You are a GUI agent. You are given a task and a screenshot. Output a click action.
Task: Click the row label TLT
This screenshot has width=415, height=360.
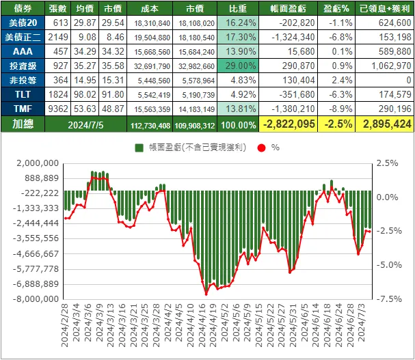click(23, 95)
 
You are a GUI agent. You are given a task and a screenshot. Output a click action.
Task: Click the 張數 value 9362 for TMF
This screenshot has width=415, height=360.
click(59, 109)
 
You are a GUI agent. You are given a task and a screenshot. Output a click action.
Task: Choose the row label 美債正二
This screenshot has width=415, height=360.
click(23, 38)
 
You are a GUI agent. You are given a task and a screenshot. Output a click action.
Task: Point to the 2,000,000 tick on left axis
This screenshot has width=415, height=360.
click(36, 163)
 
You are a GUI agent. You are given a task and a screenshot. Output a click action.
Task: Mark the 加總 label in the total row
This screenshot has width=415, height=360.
click(23, 124)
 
